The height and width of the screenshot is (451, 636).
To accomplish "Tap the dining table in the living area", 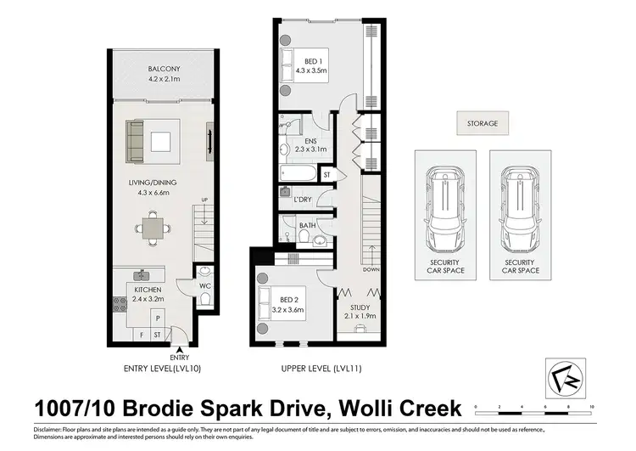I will click(153, 228).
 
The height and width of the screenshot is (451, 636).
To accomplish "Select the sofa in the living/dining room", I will click(135, 141).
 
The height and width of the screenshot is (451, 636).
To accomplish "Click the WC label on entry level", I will click(204, 286).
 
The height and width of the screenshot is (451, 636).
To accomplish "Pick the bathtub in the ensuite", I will click(298, 175).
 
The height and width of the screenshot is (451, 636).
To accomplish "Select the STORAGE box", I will click(482, 124).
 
